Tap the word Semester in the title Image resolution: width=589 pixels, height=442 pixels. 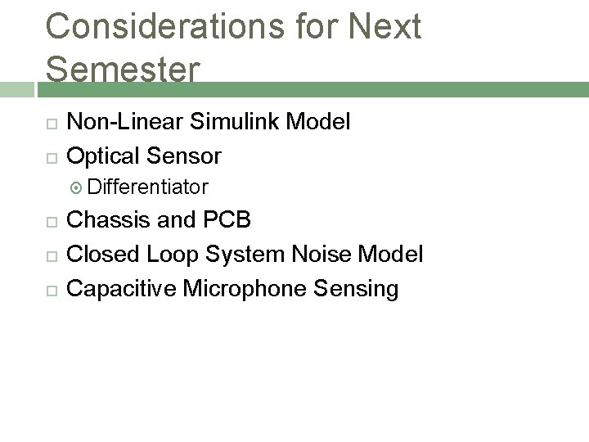(x=122, y=70)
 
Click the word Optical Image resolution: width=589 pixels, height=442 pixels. (x=104, y=156)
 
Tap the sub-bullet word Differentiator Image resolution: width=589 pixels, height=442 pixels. (x=147, y=188)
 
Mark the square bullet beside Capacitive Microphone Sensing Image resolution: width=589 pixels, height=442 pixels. (x=52, y=289)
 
